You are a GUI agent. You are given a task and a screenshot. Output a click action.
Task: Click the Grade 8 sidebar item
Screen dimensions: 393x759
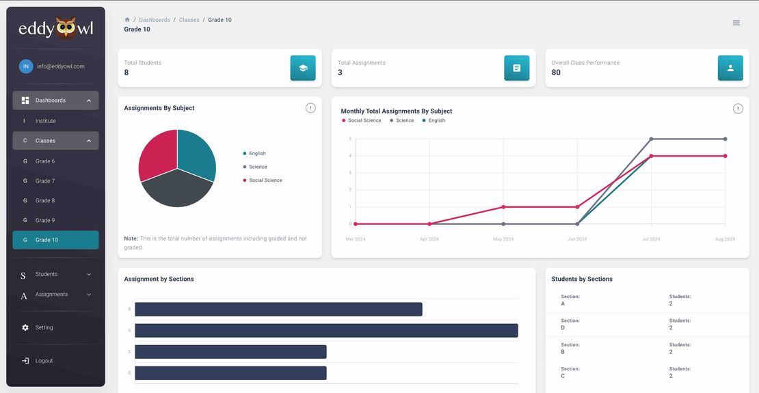(45, 201)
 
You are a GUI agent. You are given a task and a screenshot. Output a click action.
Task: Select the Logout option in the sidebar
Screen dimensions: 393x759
(44, 361)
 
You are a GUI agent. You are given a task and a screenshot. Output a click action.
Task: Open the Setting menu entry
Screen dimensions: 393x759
(44, 327)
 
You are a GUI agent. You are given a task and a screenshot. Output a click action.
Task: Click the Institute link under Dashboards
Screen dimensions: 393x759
(46, 121)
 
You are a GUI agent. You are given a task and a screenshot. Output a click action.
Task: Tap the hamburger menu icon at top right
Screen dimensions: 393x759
(736, 23)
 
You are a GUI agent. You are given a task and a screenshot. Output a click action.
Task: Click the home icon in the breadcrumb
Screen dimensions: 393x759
(127, 20)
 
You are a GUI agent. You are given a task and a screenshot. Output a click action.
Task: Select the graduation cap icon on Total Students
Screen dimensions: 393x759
(303, 68)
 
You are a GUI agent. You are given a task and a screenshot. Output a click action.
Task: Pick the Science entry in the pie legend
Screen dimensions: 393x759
(258, 167)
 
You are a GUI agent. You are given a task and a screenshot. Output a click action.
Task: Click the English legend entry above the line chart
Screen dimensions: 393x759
(436, 120)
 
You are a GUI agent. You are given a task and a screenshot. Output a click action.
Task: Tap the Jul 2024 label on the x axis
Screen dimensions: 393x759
(651, 239)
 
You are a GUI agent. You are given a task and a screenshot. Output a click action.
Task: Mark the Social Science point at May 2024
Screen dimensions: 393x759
(503, 206)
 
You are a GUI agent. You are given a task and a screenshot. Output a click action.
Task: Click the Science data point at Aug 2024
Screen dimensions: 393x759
(725, 139)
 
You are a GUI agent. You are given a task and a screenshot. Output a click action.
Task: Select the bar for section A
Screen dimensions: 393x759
(326, 331)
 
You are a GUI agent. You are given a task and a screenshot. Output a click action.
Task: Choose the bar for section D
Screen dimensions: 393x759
(230, 373)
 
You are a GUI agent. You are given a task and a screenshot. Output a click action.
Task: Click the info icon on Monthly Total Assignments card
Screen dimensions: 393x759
(738, 109)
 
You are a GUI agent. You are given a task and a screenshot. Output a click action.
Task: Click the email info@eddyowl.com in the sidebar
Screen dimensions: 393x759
(60, 66)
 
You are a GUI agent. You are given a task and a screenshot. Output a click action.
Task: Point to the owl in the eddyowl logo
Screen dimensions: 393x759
(66, 28)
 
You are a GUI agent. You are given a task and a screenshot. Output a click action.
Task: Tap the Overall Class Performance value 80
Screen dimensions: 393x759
(556, 73)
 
